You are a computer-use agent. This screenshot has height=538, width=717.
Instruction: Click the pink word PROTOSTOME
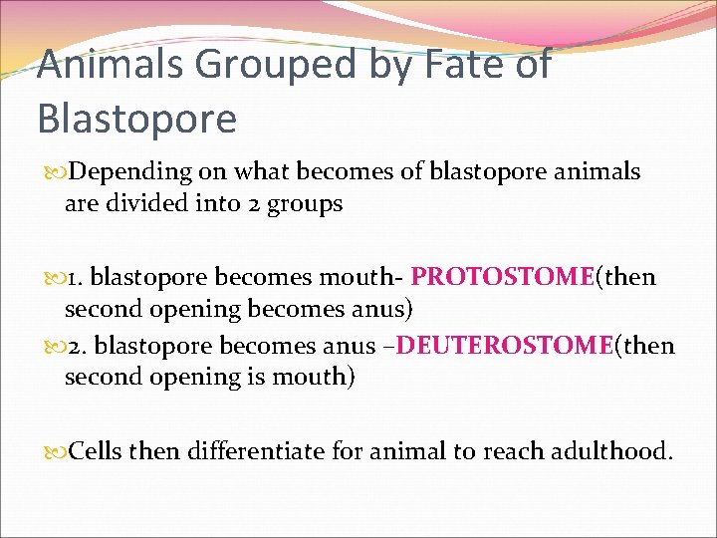tap(502, 276)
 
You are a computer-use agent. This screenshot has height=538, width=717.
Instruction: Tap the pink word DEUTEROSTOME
tap(527, 346)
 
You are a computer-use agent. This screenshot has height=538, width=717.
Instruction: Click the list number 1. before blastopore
tap(85, 277)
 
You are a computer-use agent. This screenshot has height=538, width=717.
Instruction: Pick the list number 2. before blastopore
tap(86, 347)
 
